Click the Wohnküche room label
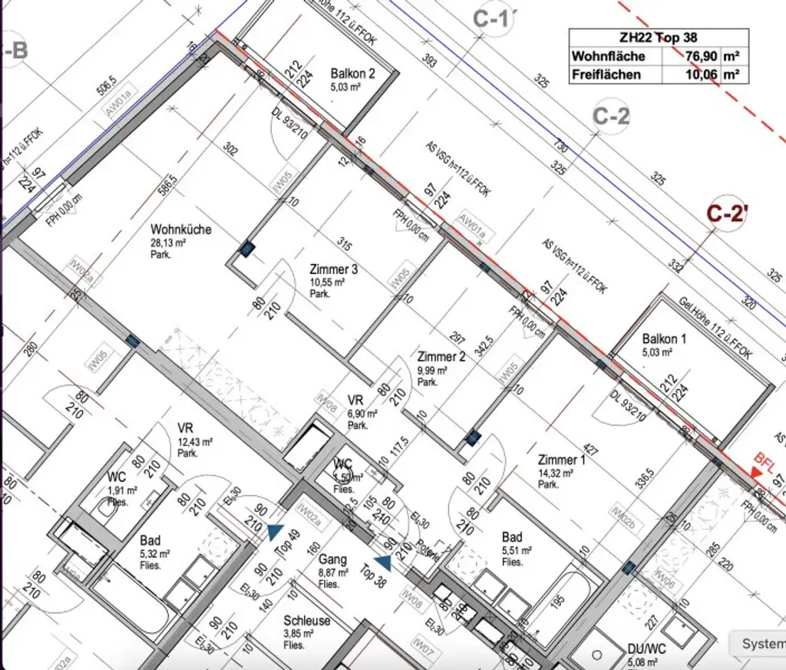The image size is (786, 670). coord(180,229)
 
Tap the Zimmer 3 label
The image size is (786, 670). coord(333,270)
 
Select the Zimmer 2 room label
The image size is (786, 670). coord(441,357)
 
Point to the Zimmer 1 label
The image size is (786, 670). coord(561,460)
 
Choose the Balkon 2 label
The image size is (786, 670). coord(352,74)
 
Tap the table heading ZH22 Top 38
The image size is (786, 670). coord(658,37)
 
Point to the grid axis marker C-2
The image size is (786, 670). coord(611,116)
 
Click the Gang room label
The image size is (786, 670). coord(334,560)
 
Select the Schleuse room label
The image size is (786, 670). coord(307,621)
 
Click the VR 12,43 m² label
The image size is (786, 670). coord(185,428)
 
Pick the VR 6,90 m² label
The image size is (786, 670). coord(355,401)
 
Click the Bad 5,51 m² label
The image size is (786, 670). coord(512,537)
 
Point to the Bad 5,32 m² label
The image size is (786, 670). coord(150,541)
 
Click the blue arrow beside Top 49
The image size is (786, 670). coord(274,530)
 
